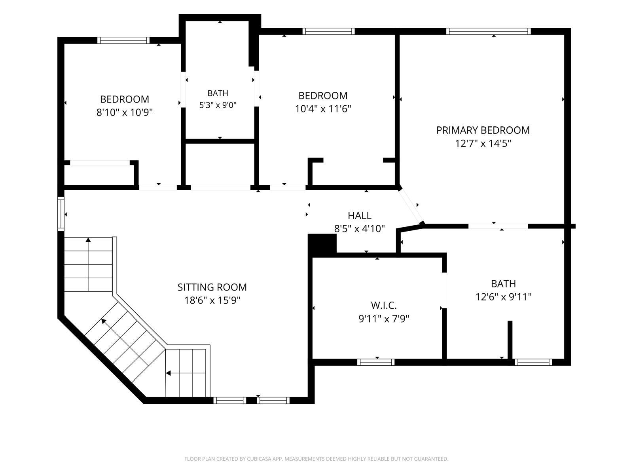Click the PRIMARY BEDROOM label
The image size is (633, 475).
(483, 130)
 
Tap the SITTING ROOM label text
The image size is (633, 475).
(212, 287)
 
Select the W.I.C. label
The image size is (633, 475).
(383, 305)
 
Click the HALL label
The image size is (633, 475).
(359, 215)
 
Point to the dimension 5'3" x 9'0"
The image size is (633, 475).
(218, 105)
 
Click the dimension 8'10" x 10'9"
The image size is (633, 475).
(124, 112)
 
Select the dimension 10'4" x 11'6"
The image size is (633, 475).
(323, 109)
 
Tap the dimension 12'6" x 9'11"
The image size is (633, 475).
(503, 297)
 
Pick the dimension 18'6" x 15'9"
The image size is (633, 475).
(212, 300)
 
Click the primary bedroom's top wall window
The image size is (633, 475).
(489, 31)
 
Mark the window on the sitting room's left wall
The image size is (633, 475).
(61, 214)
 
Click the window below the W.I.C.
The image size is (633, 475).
(376, 362)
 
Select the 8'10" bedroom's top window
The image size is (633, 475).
(123, 40)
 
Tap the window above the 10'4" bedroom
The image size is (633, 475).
(328, 31)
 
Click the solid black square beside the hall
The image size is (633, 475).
(322, 244)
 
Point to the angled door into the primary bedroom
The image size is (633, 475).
(410, 206)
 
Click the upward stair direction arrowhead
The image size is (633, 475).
(88, 239)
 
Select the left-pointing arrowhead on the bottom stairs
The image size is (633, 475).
(169, 373)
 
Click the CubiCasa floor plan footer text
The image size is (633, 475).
(316, 459)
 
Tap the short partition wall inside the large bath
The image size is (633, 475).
(510, 340)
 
